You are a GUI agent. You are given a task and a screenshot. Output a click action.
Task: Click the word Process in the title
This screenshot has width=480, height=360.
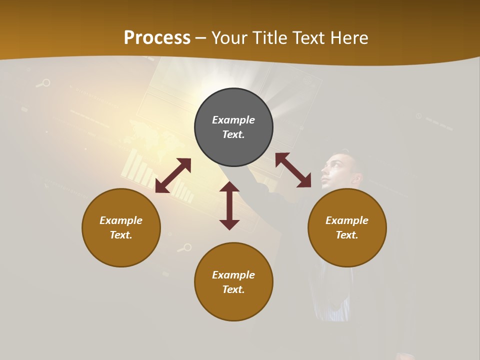click(x=157, y=38)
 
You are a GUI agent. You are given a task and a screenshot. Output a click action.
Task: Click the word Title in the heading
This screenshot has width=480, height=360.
click(x=269, y=38)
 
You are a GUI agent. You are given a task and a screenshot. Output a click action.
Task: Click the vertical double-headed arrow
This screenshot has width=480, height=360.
click(x=229, y=205)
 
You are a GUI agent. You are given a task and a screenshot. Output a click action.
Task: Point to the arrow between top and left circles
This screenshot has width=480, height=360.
click(x=173, y=175)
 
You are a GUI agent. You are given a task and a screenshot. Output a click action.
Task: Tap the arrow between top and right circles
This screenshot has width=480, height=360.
click(x=293, y=170)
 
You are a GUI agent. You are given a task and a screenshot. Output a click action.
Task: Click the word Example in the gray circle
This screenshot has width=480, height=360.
click(x=233, y=120)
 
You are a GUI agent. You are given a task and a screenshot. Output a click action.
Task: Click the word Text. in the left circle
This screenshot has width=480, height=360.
click(x=121, y=235)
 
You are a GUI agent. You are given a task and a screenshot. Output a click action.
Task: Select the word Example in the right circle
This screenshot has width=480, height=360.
click(x=347, y=220)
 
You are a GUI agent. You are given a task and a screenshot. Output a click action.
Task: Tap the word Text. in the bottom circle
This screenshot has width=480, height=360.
click(x=233, y=289)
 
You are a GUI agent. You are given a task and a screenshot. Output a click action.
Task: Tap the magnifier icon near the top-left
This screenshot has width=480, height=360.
click(x=45, y=83)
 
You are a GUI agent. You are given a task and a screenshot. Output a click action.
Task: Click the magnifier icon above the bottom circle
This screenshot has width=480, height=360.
click(x=186, y=247)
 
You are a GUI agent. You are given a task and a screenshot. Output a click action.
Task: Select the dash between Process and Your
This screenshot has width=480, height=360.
click(x=200, y=38)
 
